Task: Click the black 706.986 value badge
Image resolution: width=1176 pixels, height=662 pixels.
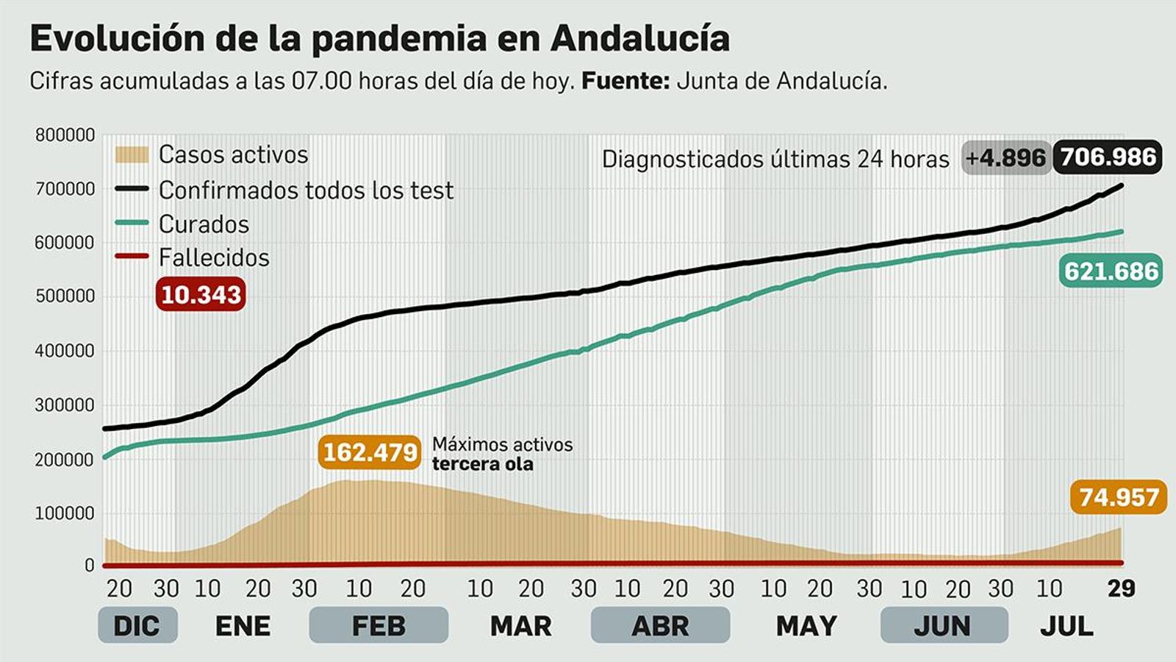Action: coord(1108,157)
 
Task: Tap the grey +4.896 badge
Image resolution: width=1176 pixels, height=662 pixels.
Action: coord(1005,157)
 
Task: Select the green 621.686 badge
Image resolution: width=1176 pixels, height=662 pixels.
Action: coord(1111,271)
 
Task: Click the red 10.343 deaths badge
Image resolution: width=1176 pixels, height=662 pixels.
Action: coord(201,294)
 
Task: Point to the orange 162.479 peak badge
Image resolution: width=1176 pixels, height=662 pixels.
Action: coord(370,452)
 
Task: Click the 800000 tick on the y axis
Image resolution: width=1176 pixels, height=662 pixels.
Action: coord(65,135)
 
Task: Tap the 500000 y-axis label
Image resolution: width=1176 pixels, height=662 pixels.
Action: coord(65,296)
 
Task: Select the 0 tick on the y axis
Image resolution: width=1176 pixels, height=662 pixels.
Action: coord(90,566)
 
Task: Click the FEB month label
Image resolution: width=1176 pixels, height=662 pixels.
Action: coord(379,626)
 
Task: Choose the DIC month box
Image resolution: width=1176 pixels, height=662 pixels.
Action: coord(137,626)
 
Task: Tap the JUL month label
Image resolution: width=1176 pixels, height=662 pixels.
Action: coord(1066,626)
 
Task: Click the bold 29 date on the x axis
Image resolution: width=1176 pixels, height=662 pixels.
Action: coord(1121,588)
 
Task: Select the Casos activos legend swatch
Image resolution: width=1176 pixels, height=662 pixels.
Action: coord(132,154)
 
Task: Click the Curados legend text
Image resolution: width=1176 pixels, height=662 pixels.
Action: coord(204,224)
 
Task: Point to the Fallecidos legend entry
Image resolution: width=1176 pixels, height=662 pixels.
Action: coord(214,257)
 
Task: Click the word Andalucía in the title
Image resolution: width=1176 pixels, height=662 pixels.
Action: coord(639,38)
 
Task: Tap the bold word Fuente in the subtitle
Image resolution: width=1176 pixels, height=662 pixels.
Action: coord(625,81)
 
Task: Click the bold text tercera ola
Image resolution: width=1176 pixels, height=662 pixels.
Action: coord(483,464)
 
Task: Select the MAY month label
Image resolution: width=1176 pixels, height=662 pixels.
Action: coord(806,626)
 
